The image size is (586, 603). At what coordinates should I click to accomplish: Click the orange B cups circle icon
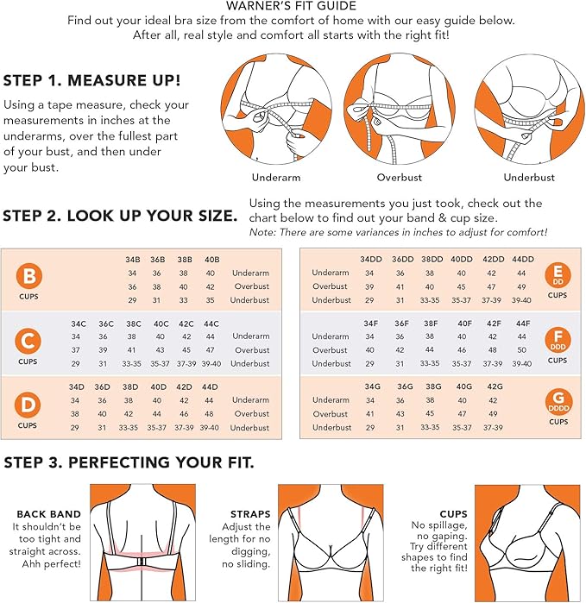pyautogui.click(x=28, y=276)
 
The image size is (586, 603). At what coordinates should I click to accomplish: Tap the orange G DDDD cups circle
pyautogui.click(x=558, y=402)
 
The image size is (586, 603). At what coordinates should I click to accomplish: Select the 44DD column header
pyautogui.click(x=522, y=259)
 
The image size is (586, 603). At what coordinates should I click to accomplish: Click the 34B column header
pyautogui.click(x=132, y=260)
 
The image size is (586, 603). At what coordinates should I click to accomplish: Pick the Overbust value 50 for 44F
pyautogui.click(x=521, y=350)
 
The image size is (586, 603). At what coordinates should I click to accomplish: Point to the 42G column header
pyautogui.click(x=495, y=386)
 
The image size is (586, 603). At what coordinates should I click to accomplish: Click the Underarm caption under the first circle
pyautogui.click(x=276, y=178)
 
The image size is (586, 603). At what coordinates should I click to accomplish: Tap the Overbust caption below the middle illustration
pyautogui.click(x=399, y=178)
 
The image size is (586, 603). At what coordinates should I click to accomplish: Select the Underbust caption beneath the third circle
pyautogui.click(x=529, y=178)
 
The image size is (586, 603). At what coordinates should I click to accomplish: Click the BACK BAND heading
pyautogui.click(x=48, y=514)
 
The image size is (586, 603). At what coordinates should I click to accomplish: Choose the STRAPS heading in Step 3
pyautogui.click(x=250, y=514)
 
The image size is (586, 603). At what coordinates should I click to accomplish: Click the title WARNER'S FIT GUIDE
pyautogui.click(x=291, y=6)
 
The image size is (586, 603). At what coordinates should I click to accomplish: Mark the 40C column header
pyautogui.click(x=161, y=323)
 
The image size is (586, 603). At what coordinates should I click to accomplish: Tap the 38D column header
pyautogui.click(x=130, y=386)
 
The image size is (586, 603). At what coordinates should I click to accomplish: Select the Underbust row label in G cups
pyautogui.click(x=331, y=427)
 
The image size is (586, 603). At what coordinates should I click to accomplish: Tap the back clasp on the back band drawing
pyautogui.click(x=142, y=561)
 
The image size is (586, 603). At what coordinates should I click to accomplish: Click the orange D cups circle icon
pyautogui.click(x=28, y=405)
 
